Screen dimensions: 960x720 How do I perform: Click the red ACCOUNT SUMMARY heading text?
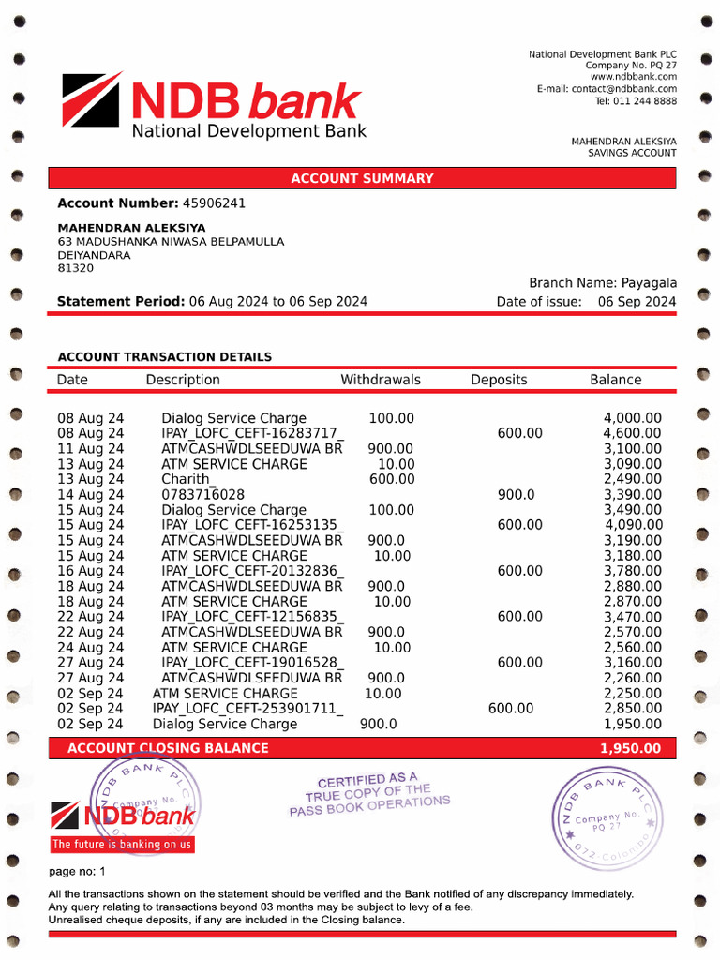(362, 178)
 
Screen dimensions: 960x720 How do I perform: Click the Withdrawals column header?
(381, 380)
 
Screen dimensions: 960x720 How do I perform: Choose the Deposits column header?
(499, 380)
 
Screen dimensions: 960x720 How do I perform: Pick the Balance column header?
(616, 380)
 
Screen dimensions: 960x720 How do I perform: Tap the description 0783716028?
(203, 494)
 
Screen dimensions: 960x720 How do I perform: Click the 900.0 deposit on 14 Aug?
(516, 494)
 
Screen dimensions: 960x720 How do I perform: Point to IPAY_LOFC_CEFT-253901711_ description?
(247, 709)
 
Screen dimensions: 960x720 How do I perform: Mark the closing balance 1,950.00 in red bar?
(630, 748)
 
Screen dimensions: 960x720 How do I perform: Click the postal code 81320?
(76, 268)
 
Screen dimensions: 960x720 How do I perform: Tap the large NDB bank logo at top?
(214, 105)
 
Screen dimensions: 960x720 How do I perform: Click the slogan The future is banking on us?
(122, 845)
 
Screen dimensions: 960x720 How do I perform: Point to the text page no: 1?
(77, 872)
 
